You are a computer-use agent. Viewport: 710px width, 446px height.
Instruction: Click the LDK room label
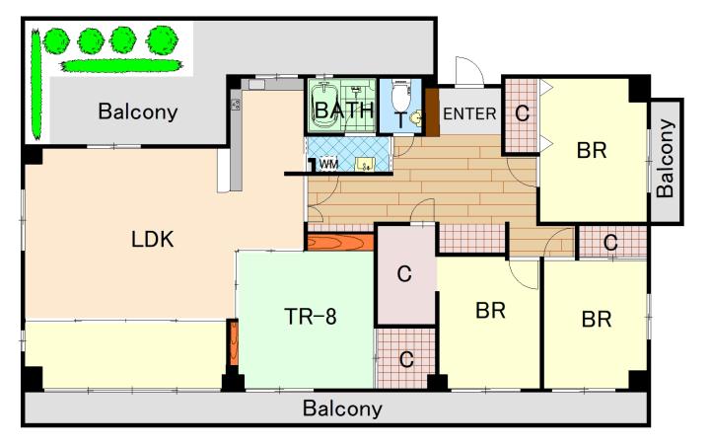[152, 240]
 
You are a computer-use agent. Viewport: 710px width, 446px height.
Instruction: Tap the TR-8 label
[311, 317]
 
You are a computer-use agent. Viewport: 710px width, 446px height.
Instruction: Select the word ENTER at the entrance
[469, 113]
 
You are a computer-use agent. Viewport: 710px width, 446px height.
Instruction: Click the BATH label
[344, 111]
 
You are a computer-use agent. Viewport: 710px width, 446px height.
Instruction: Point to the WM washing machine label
[328, 164]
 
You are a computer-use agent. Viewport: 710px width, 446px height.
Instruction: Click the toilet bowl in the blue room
[399, 97]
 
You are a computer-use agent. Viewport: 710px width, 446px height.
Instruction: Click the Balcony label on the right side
[666, 159]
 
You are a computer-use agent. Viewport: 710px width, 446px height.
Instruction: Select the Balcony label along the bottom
[342, 409]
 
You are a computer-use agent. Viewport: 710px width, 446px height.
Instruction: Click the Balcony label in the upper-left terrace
[138, 111]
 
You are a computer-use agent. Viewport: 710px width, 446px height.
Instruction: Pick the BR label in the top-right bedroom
[592, 150]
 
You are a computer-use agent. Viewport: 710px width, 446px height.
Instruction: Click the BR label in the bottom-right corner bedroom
[597, 319]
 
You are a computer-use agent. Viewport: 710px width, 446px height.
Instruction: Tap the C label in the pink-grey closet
[404, 273]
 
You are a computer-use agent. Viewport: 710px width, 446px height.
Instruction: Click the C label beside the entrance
[522, 113]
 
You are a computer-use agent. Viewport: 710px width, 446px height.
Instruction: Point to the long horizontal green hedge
[121, 66]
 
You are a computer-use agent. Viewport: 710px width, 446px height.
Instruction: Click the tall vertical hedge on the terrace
[35, 84]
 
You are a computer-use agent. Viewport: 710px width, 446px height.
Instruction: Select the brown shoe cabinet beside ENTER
[432, 111]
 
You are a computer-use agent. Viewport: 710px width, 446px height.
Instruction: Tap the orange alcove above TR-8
[340, 242]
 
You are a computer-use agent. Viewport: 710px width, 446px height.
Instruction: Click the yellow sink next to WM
[364, 164]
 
